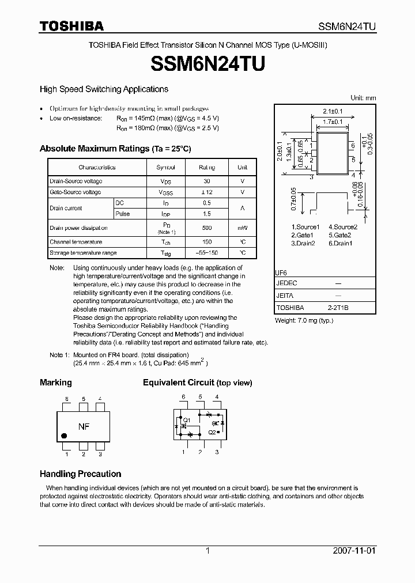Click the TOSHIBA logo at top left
(71, 26)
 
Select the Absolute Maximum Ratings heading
(115, 149)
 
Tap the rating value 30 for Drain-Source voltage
(206, 181)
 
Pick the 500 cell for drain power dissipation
(206, 228)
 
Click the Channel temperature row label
(76, 243)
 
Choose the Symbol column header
(166, 168)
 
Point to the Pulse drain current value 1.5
(206, 214)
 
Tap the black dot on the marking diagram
(64, 436)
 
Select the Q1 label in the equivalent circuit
(187, 420)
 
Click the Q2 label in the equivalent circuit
(212, 431)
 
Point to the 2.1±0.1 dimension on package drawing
(333, 111)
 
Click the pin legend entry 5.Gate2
(339, 235)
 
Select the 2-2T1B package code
(338, 308)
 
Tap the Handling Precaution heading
(80, 474)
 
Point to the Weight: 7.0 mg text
(304, 320)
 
